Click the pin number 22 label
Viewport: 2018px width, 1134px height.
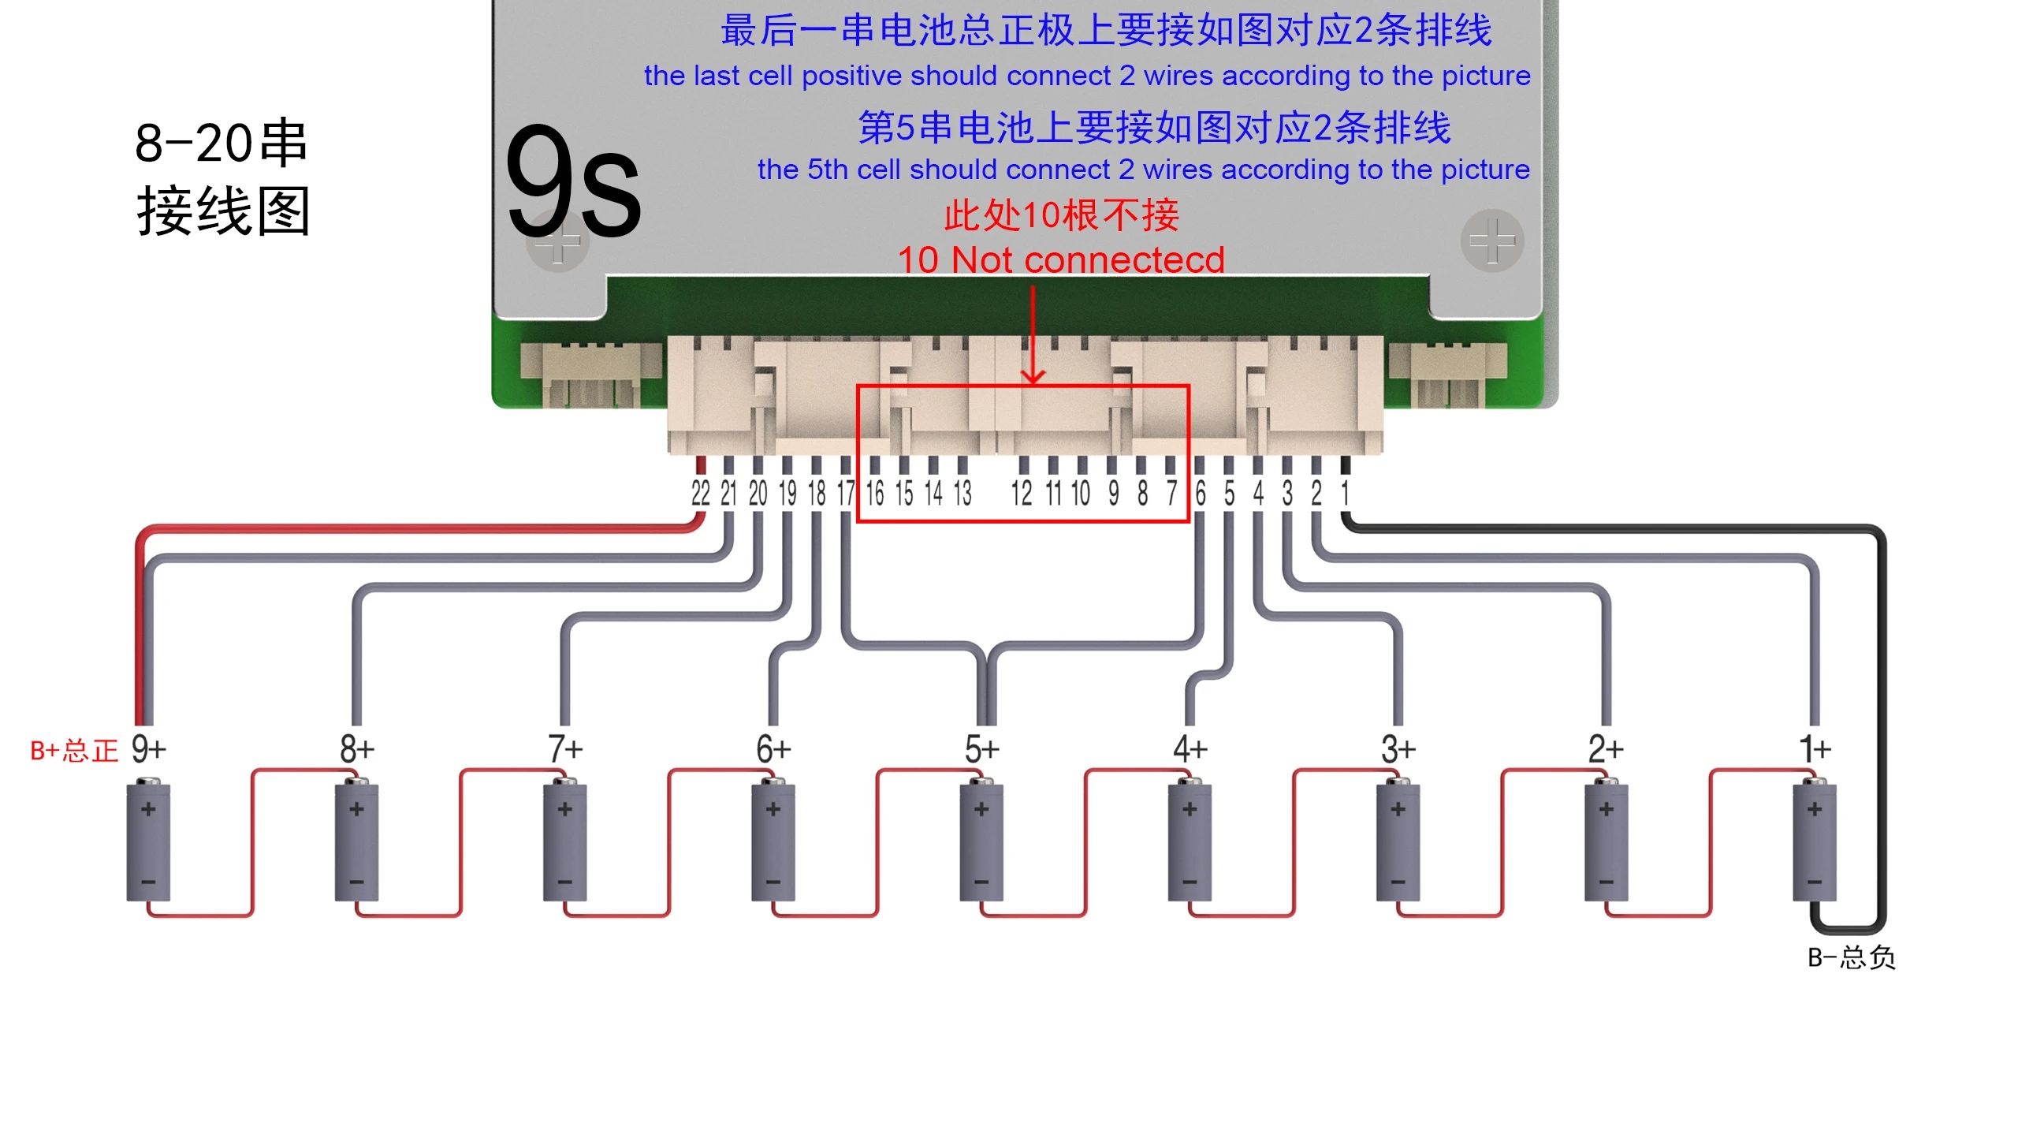(x=700, y=494)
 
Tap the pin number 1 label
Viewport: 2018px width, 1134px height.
(x=1345, y=494)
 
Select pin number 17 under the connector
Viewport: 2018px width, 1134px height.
(x=845, y=494)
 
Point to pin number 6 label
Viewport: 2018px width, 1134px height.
(x=1200, y=494)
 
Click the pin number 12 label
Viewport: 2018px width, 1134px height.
(x=1022, y=494)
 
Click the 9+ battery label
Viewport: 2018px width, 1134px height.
(x=148, y=748)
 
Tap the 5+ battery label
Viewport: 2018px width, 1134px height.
(x=981, y=748)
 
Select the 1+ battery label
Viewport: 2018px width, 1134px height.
(x=1814, y=748)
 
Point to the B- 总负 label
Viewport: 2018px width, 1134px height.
(x=1851, y=957)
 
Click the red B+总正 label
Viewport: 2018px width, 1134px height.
(x=73, y=751)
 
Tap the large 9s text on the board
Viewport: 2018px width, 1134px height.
(x=574, y=183)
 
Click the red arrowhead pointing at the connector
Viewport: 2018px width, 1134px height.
(x=1033, y=376)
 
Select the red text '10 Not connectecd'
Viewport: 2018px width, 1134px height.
(x=1061, y=259)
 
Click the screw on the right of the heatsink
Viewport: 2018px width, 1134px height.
(x=1491, y=241)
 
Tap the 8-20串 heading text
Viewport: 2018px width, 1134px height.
(x=221, y=144)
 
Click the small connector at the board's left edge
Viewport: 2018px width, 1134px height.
(x=591, y=375)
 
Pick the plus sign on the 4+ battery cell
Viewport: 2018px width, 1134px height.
(x=1190, y=809)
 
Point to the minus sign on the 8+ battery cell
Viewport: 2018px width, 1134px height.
(x=356, y=882)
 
